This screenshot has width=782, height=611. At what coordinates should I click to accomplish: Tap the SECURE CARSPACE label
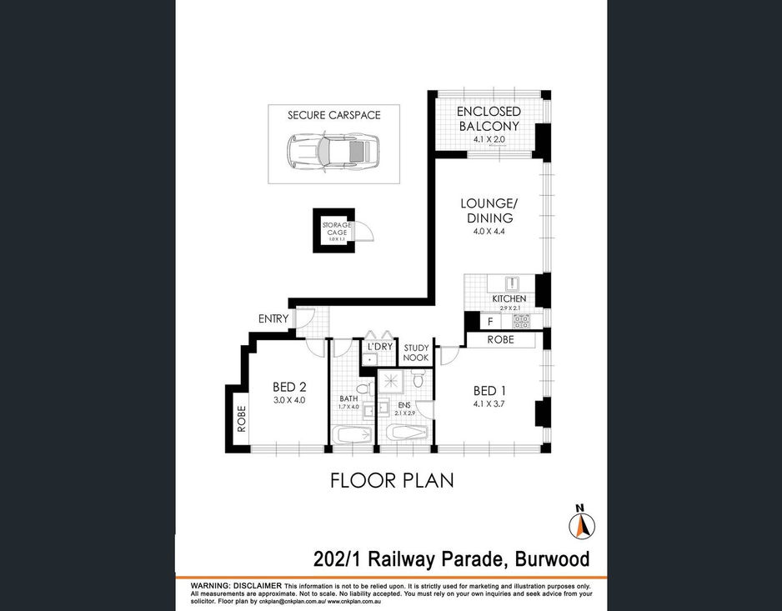(x=333, y=115)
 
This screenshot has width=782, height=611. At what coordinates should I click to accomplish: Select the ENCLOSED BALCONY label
(x=489, y=118)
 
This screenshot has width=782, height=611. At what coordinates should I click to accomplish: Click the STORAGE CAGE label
(x=337, y=229)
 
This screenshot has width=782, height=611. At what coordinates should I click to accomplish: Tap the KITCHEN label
(x=509, y=298)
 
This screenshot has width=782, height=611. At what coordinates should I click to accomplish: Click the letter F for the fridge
(x=490, y=320)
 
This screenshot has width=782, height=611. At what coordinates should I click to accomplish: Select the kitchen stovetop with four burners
(x=522, y=320)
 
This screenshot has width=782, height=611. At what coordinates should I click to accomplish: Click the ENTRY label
(x=273, y=318)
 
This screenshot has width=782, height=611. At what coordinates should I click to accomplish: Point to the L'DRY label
(x=379, y=346)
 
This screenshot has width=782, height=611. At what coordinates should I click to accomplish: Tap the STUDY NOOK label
(x=416, y=353)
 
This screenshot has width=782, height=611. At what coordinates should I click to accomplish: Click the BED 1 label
(x=489, y=391)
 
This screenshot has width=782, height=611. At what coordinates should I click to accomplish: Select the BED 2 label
(x=290, y=387)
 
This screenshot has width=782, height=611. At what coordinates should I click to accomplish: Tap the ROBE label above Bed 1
(x=500, y=340)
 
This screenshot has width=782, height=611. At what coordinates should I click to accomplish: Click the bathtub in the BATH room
(x=353, y=434)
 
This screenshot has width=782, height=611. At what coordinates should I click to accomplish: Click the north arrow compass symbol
(x=582, y=524)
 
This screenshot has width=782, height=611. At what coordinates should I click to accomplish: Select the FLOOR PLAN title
(x=391, y=481)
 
